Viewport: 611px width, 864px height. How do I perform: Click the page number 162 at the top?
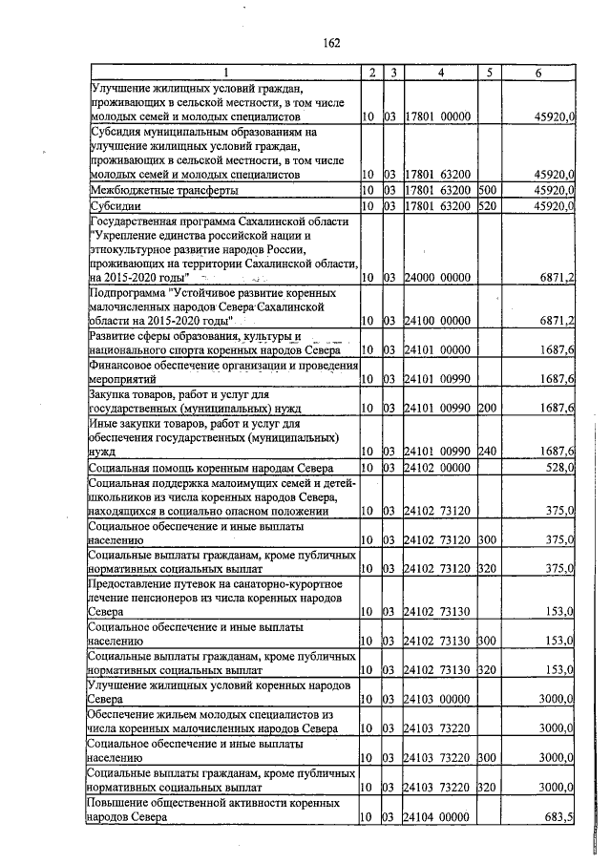[x=331, y=43]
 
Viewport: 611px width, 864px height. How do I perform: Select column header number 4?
[x=441, y=73]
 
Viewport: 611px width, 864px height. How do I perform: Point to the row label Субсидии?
[x=115, y=205]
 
